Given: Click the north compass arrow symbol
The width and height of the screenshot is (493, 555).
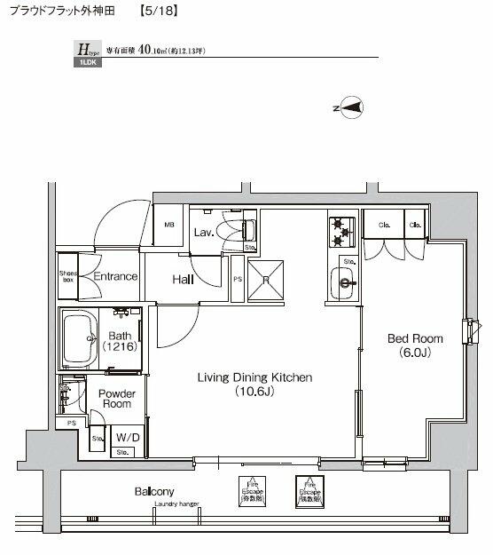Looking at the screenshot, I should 351,108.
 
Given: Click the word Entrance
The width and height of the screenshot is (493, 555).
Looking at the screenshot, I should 115,276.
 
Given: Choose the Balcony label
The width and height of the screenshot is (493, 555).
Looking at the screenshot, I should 153,491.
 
